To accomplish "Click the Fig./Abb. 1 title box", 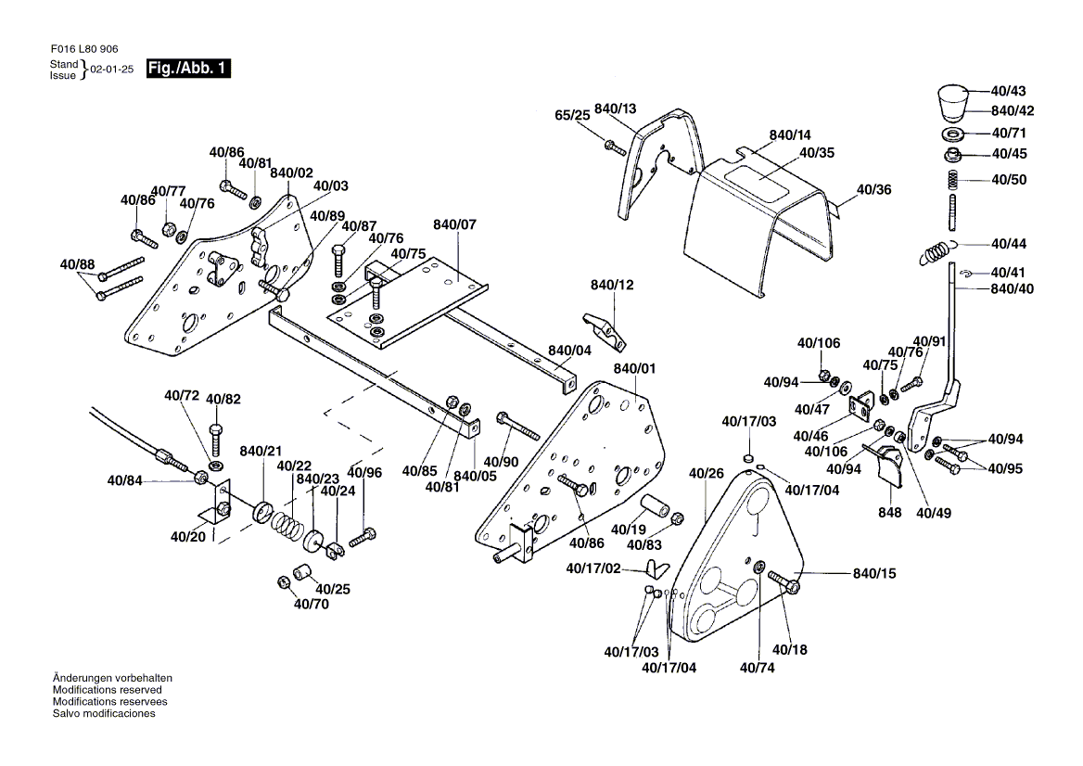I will (x=188, y=68).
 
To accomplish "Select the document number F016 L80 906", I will (x=83, y=48).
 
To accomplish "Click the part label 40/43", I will (x=1008, y=92).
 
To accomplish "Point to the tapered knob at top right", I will (x=952, y=102).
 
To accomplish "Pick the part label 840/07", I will (x=453, y=225).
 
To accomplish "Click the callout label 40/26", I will (x=706, y=474).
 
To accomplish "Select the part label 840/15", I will (x=874, y=574).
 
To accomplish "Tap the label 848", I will (x=890, y=513).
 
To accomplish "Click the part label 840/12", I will (x=612, y=285).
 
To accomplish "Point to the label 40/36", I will (x=873, y=189).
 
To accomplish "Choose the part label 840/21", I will (x=261, y=451).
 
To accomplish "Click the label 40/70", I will (x=312, y=605).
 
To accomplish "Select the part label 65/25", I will (x=572, y=116).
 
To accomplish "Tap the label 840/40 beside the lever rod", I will (x=1012, y=289).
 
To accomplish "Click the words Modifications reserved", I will (x=107, y=690).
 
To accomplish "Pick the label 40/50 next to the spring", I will (x=1009, y=179).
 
